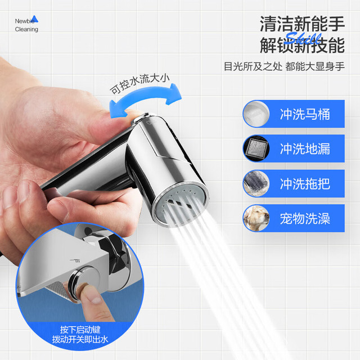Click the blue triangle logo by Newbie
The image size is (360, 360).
pos(35,19)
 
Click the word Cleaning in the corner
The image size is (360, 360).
pos(26,29)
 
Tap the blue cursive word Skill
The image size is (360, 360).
pos(304,38)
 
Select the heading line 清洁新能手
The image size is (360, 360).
pos(302,24)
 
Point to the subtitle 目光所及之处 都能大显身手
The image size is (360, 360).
pos(284,66)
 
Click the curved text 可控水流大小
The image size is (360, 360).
pos(139,84)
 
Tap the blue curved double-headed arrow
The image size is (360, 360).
pos(145,99)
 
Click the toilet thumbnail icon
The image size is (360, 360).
pos(256,114)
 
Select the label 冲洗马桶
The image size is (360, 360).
pos(305,114)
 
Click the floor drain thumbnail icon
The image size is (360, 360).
pos(256,148)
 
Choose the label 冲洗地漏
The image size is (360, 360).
pos(305,148)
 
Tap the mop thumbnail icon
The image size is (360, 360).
pos(256,183)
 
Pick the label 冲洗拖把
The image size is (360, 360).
pos(305,184)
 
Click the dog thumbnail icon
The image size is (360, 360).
pos(256,218)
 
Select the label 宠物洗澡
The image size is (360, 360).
pos(305,218)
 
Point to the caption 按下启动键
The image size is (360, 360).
pos(80,330)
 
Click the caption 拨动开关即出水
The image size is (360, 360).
pos(80,339)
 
